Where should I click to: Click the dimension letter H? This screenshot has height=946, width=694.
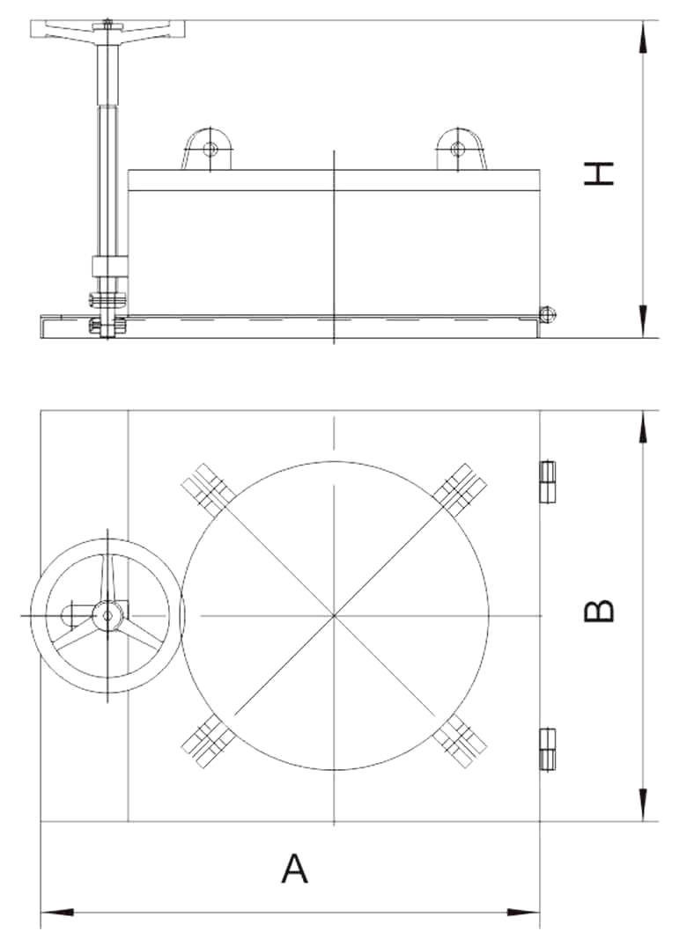tap(599, 173)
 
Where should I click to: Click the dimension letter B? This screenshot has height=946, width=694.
tap(599, 610)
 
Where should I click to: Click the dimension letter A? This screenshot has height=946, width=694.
tap(295, 869)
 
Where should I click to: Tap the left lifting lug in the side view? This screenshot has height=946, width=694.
tap(207, 149)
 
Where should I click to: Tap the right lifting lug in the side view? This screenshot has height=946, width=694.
tap(461, 149)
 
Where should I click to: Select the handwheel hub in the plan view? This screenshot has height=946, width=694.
tap(107, 615)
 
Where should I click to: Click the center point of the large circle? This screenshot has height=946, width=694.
tap(334, 615)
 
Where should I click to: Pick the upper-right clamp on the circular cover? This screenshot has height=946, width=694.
tap(461, 490)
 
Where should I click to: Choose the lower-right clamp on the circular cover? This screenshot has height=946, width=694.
tap(461, 741)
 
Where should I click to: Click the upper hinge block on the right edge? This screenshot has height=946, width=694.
tap(547, 481)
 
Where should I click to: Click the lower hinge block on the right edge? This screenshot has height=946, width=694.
tap(547, 749)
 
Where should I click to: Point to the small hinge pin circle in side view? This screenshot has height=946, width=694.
tap(547, 314)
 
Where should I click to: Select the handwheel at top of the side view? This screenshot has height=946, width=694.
tap(107, 29)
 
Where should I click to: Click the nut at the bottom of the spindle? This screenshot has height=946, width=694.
tap(107, 326)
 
